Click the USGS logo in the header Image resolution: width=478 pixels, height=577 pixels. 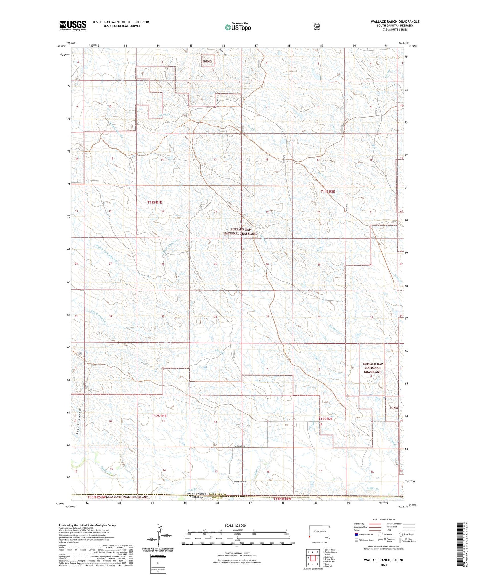(73, 25)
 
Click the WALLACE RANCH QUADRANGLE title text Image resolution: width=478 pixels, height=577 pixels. (395, 22)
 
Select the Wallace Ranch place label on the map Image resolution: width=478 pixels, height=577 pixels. (240, 482)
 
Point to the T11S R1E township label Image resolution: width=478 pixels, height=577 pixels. (154, 202)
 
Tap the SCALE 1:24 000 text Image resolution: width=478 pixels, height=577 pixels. (235, 525)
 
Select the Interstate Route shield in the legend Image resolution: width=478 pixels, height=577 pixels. (356, 534)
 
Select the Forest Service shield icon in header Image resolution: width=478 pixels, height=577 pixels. (317, 27)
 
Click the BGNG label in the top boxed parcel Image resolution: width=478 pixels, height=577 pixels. (207, 61)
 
